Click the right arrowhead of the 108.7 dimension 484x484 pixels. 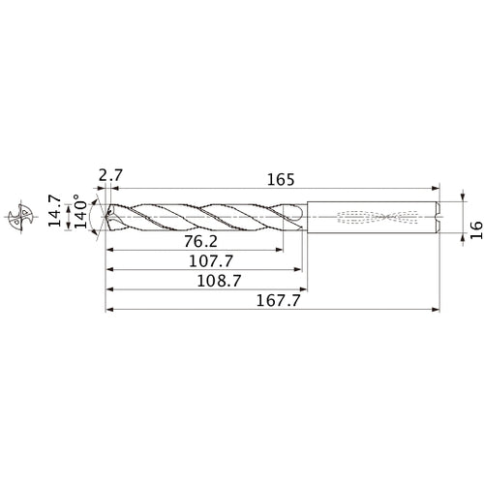[305, 289]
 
